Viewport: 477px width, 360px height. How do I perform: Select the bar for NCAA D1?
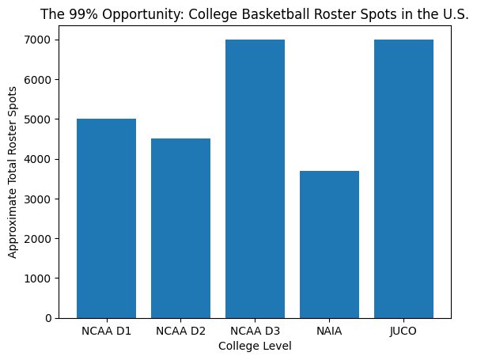[106, 218]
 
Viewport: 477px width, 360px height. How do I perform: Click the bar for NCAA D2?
[180, 228]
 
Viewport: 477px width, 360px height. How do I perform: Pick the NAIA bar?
[330, 244]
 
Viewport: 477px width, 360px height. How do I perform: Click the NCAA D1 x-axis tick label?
[106, 331]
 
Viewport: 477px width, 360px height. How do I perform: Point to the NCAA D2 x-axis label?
[180, 331]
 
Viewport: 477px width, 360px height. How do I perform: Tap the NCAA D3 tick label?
[255, 331]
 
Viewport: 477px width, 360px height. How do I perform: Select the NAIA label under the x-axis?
[330, 331]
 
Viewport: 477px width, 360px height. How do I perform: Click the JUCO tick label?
[404, 331]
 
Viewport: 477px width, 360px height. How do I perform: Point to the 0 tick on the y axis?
[50, 318]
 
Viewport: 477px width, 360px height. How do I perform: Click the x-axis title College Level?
[255, 346]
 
